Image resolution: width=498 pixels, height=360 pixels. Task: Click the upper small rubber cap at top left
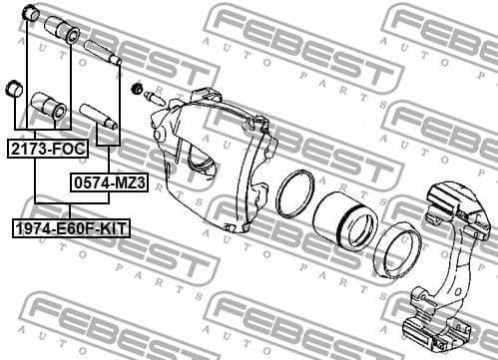(30, 14)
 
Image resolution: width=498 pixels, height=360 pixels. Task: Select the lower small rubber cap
(14, 88)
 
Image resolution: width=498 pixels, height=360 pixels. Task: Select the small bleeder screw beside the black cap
(155, 99)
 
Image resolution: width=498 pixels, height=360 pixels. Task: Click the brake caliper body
(215, 160)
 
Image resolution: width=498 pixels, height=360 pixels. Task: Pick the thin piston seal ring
(295, 193)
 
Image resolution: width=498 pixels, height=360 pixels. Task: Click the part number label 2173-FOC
(47, 150)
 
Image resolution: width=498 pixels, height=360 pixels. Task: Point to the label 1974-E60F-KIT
(71, 230)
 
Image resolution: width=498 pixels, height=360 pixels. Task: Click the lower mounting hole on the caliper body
(231, 226)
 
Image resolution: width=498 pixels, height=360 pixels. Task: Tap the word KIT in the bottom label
(112, 230)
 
